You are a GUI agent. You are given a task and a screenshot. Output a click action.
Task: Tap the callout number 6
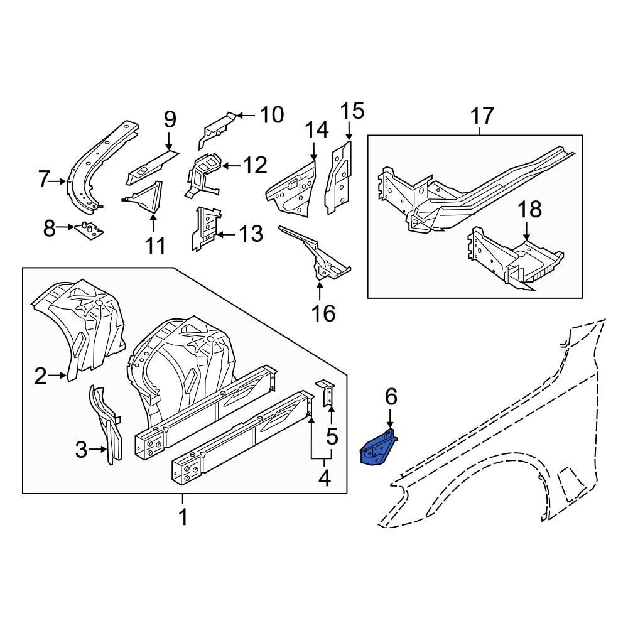(x=391, y=397)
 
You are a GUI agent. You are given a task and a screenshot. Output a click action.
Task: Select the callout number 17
(x=482, y=116)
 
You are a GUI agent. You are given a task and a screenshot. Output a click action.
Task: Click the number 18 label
(x=531, y=210)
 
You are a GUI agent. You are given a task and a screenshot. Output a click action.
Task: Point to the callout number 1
(x=183, y=518)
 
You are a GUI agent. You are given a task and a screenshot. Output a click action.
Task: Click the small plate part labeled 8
(x=89, y=230)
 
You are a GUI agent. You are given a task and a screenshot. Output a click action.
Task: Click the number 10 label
(x=271, y=115)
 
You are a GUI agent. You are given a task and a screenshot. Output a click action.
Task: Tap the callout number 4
(x=324, y=479)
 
